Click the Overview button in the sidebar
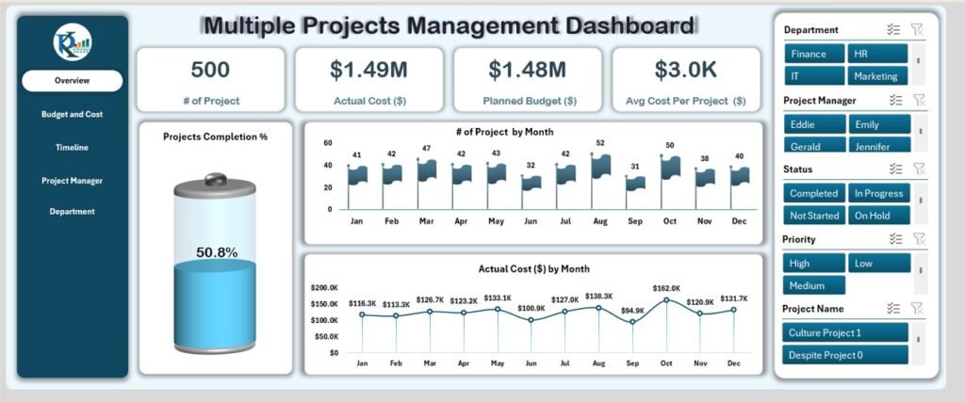[73, 81]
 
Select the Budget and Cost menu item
[73, 114]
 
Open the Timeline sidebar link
[73, 147]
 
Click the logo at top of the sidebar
[73, 42]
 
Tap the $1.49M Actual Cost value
[368, 70]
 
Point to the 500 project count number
[210, 70]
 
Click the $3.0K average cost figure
[685, 70]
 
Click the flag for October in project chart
[670, 168]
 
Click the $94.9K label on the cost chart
[633, 310]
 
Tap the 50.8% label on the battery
[217, 252]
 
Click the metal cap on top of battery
[216, 179]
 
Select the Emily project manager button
[878, 124]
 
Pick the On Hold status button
[878, 215]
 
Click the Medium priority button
[813, 285]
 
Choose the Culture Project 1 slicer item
[845, 332]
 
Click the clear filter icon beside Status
[919, 169]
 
